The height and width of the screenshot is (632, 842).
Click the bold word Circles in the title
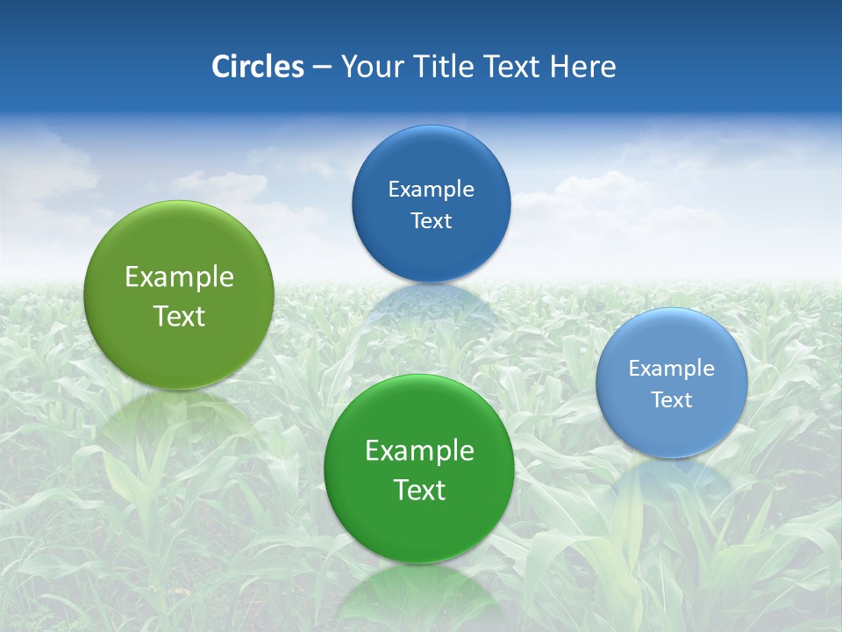pyautogui.click(x=257, y=67)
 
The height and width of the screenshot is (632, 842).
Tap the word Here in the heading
pyautogui.click(x=582, y=67)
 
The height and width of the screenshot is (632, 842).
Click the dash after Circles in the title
pyautogui.click(x=321, y=68)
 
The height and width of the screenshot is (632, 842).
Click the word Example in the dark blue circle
pyautogui.click(x=431, y=189)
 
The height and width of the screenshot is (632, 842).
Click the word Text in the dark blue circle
pyautogui.click(x=431, y=220)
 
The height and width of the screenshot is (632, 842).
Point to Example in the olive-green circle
pyautogui.click(x=179, y=276)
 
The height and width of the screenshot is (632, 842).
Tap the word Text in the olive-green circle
pyautogui.click(x=179, y=316)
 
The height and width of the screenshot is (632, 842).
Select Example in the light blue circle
pyautogui.click(x=672, y=368)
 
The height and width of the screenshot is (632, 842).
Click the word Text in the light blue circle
pyautogui.click(x=672, y=399)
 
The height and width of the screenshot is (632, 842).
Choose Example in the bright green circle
pyautogui.click(x=419, y=450)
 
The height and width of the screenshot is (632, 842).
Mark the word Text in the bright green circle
pyautogui.click(x=419, y=490)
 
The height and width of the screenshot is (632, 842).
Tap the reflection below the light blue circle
pyautogui.click(x=672, y=478)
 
